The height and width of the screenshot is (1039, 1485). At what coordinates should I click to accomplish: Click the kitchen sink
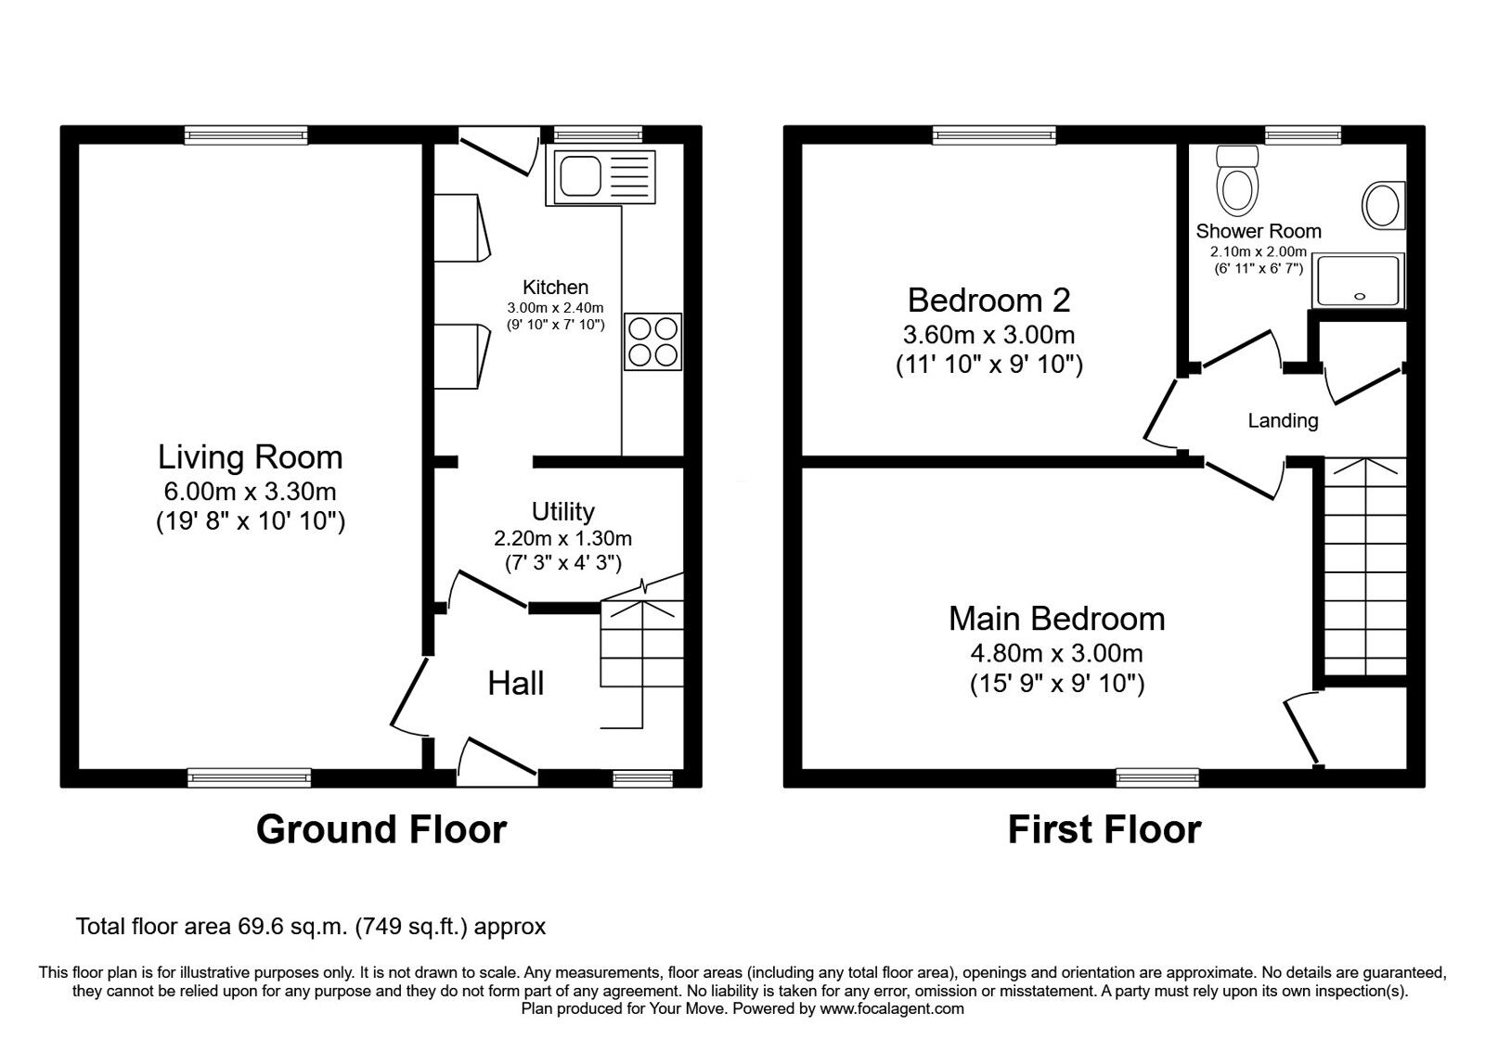click(600, 177)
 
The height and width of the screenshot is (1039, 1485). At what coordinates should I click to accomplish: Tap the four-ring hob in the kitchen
click(653, 341)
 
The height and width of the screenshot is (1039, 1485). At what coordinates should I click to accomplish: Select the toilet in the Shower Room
click(1237, 180)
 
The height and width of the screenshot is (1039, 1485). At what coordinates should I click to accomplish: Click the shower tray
click(1359, 281)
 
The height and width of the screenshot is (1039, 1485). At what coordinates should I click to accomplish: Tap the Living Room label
click(250, 457)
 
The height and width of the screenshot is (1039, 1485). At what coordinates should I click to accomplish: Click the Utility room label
click(562, 511)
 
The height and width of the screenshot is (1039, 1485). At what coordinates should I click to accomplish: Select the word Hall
click(516, 683)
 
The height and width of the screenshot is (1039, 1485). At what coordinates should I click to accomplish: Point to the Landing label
click(1283, 420)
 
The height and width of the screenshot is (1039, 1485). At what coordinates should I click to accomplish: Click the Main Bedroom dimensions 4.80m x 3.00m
click(1057, 653)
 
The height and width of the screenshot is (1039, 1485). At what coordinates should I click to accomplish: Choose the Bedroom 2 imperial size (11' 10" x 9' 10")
click(989, 365)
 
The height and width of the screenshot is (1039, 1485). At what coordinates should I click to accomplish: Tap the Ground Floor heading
click(381, 829)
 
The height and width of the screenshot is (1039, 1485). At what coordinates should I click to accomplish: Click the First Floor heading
click(1104, 829)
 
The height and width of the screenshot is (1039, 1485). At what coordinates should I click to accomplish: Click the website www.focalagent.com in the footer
click(892, 1009)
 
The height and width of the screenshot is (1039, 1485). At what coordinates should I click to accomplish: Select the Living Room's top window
click(246, 135)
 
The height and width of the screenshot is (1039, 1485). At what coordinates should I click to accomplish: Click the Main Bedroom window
click(1157, 778)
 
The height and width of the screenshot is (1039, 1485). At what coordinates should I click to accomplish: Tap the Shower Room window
click(1303, 135)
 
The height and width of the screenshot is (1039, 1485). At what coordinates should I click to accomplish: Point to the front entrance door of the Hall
click(497, 763)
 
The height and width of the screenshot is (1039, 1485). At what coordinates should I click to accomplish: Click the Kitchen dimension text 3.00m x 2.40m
click(556, 307)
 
